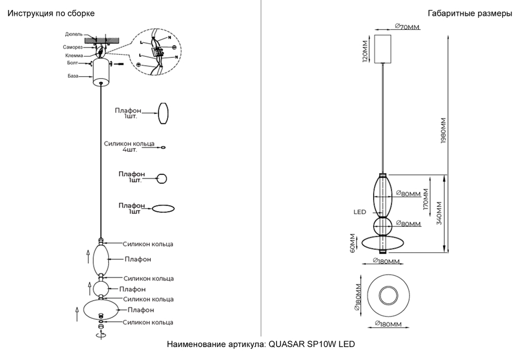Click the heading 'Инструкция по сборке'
click(x=51, y=14)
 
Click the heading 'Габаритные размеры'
click(x=469, y=14)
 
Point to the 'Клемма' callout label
click(x=73, y=55)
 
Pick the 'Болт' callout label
click(x=73, y=63)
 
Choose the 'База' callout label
click(x=73, y=76)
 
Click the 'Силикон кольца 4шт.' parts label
click(x=129, y=146)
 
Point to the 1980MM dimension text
click(x=443, y=134)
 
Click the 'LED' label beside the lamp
click(x=360, y=212)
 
